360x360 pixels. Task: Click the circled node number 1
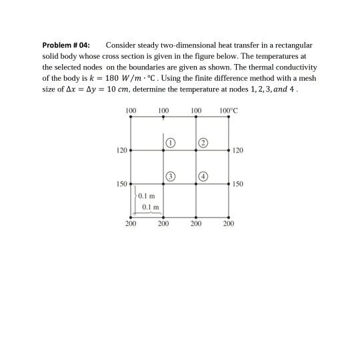(x=171, y=142)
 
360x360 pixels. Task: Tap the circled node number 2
(x=203, y=142)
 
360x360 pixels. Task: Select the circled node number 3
(x=171, y=175)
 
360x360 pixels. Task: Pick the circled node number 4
(x=203, y=175)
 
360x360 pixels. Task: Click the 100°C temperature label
(x=229, y=109)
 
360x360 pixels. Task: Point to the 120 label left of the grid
(x=121, y=151)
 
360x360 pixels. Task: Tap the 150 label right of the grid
(x=239, y=183)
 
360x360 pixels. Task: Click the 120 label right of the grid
(x=239, y=151)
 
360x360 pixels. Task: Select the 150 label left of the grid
(x=121, y=183)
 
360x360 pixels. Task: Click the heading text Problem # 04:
(x=66, y=45)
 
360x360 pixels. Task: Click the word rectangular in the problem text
(x=293, y=45)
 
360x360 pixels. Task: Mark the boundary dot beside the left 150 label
(x=131, y=183)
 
